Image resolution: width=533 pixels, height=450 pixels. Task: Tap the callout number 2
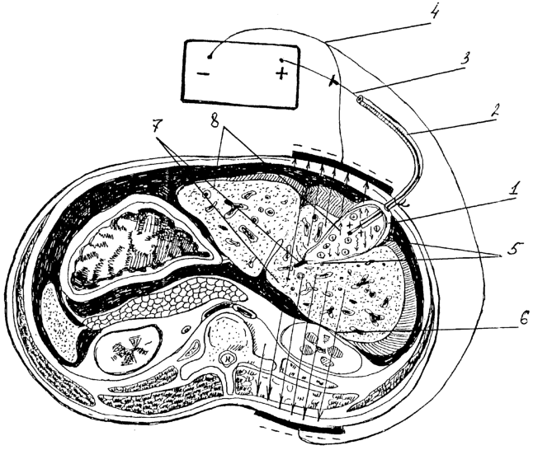493,111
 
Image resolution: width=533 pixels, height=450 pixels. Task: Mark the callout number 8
215,118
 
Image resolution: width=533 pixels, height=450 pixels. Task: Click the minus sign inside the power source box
203,73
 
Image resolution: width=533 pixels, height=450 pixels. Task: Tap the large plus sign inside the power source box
281,73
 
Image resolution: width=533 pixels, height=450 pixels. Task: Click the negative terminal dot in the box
210,56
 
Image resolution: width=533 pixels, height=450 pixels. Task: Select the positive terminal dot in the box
281,60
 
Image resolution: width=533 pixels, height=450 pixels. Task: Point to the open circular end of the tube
360,100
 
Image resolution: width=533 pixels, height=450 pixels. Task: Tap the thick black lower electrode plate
300,423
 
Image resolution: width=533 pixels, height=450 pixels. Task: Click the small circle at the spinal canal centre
226,358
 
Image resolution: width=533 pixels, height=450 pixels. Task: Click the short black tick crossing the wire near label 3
333,82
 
